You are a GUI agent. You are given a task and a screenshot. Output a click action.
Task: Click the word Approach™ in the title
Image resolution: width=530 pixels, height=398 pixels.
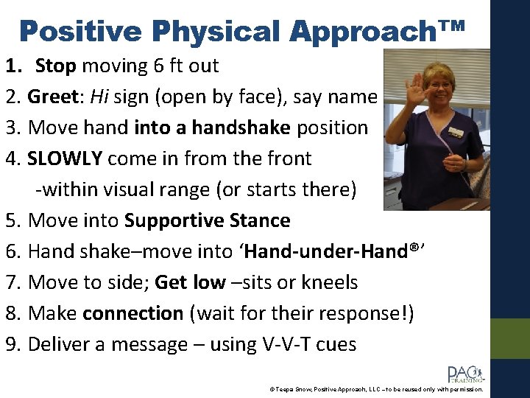(378, 31)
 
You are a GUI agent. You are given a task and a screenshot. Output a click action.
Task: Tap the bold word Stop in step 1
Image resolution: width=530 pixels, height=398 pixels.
(56, 66)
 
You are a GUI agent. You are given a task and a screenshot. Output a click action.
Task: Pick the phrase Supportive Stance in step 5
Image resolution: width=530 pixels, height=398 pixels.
(208, 220)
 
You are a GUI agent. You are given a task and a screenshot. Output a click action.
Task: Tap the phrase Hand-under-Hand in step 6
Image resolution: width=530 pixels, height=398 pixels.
(328, 251)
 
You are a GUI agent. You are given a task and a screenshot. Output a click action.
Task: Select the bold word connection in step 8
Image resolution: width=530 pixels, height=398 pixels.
(132, 313)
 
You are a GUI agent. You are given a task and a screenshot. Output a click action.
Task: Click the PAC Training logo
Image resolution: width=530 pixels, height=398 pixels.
(464, 374)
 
